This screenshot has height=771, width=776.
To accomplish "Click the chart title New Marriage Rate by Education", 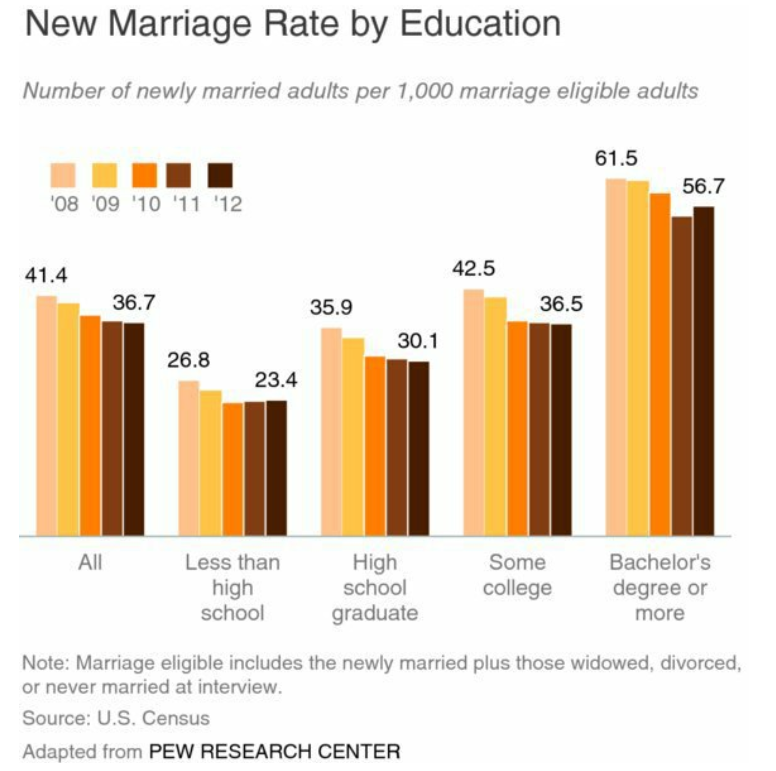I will pos(293,23).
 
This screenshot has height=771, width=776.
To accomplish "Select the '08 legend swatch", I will pos(63,175).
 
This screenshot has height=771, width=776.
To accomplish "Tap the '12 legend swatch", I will pos(220,175).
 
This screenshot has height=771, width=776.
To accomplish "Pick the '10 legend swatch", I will pos(144,175).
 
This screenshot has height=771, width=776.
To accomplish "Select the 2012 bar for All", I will pos(134,429).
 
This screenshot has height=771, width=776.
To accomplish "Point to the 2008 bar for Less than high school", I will pos(189,458).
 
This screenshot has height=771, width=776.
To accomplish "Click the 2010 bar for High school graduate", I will pos(375,446).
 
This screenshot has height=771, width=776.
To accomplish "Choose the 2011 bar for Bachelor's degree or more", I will pos(682,376).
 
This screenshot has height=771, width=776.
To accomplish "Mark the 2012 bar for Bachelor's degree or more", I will pos(704,371).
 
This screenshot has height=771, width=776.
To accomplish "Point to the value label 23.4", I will pos(276,380).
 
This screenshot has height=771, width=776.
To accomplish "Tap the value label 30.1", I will pos(418,341).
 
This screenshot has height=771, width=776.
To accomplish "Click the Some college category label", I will pos(517,575).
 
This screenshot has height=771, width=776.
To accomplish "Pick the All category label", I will pos(90,562).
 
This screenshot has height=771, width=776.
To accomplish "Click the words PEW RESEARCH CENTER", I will pos(275,751).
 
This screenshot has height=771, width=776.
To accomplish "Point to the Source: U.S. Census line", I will pos(116,718).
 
